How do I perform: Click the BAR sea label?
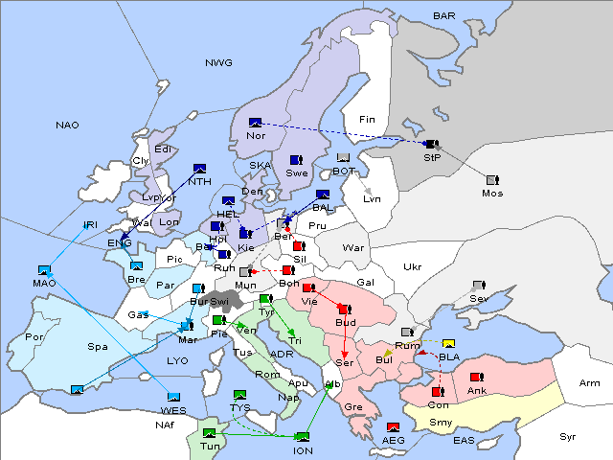coord(443,15)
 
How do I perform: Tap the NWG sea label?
coord(218,62)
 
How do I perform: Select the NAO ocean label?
coord(67,125)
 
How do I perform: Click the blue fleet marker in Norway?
coord(255,122)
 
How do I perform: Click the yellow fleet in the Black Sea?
coord(449,344)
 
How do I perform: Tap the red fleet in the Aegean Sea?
coord(393,427)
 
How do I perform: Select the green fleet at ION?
coord(303,437)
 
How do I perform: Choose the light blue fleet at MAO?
coord(44,270)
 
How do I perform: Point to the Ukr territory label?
coord(412,266)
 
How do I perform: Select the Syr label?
coord(568,436)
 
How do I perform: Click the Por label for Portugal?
coord(35,337)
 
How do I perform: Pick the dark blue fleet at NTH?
coord(200,169)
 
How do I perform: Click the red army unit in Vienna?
coord(308,287)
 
